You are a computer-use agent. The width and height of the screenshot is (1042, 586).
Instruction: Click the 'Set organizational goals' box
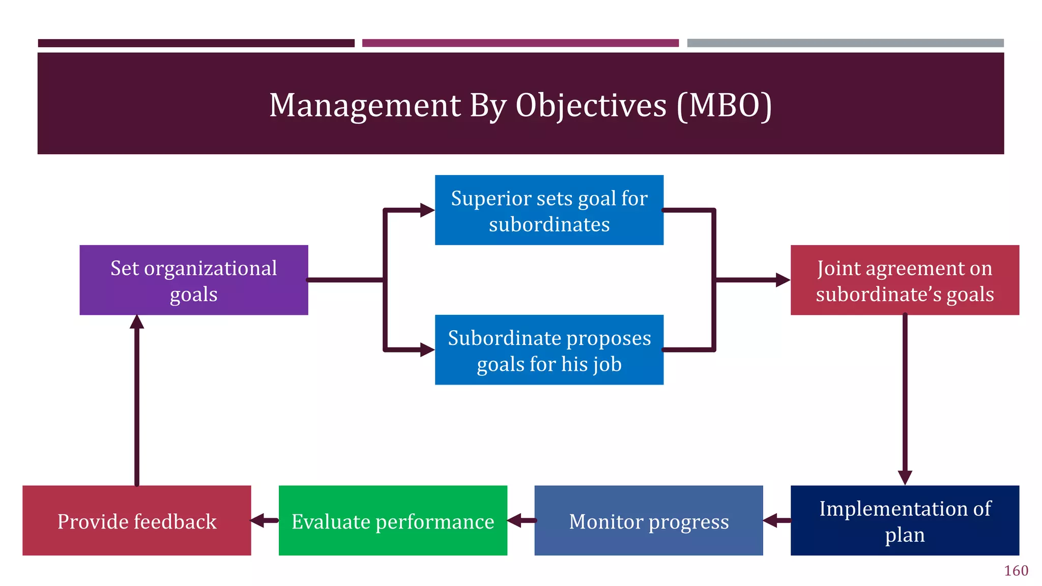[x=193, y=280]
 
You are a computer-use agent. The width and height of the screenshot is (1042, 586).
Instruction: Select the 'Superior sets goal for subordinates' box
[x=549, y=210]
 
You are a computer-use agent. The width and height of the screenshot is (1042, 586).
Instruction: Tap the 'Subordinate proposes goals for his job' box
[x=549, y=350]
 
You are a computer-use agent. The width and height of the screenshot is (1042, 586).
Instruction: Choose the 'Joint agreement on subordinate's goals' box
[x=905, y=280]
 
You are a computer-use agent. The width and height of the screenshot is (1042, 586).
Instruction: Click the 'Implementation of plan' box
[x=905, y=520]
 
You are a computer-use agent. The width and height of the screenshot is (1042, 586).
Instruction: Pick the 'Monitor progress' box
[x=648, y=520]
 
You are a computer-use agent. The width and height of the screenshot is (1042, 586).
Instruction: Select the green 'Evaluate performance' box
[x=393, y=520]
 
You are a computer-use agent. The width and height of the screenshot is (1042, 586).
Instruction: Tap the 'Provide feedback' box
[x=136, y=520]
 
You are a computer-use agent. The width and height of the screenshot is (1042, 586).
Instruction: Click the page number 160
[x=1016, y=571]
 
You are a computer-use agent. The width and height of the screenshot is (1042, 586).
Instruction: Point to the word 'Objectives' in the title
[x=591, y=105]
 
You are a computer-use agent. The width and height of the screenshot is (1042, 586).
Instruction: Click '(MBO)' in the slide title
[x=724, y=105]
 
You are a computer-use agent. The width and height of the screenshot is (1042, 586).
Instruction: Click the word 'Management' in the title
[x=365, y=105]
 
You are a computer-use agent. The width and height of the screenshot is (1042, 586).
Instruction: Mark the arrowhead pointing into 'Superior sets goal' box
[x=427, y=210]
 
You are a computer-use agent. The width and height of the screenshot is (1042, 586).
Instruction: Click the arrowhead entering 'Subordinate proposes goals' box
[x=427, y=350]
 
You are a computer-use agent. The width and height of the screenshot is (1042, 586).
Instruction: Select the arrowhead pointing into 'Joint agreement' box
[x=783, y=280]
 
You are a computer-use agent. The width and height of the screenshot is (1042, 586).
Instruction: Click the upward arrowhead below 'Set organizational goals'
[x=136, y=322]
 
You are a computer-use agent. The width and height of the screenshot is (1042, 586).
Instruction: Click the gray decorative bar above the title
[x=845, y=43]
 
